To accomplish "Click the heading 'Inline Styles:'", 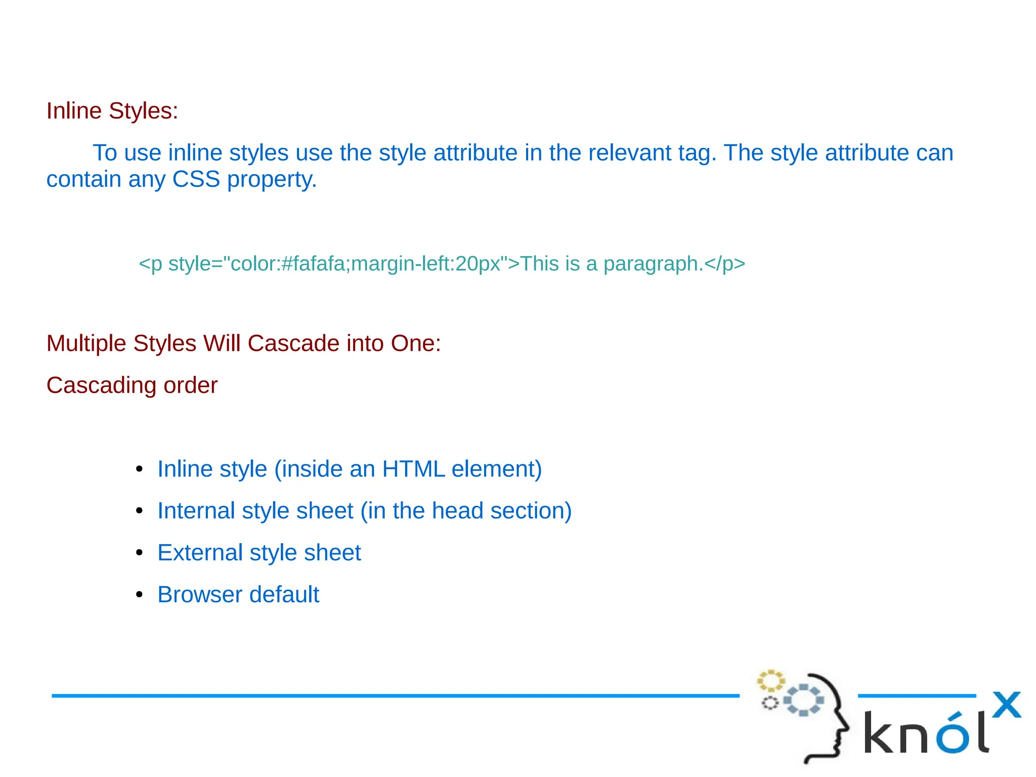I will pyautogui.click(x=112, y=111).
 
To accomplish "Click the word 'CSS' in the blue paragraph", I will pyautogui.click(x=196, y=179).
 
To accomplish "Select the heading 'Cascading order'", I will pyautogui.click(x=132, y=385).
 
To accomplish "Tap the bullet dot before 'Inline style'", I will pyautogui.click(x=140, y=469).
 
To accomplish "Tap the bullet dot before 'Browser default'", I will pyautogui.click(x=140, y=595).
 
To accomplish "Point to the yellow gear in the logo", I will pyautogui.click(x=770, y=681).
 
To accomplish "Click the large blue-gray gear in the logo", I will pyautogui.click(x=803, y=700).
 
